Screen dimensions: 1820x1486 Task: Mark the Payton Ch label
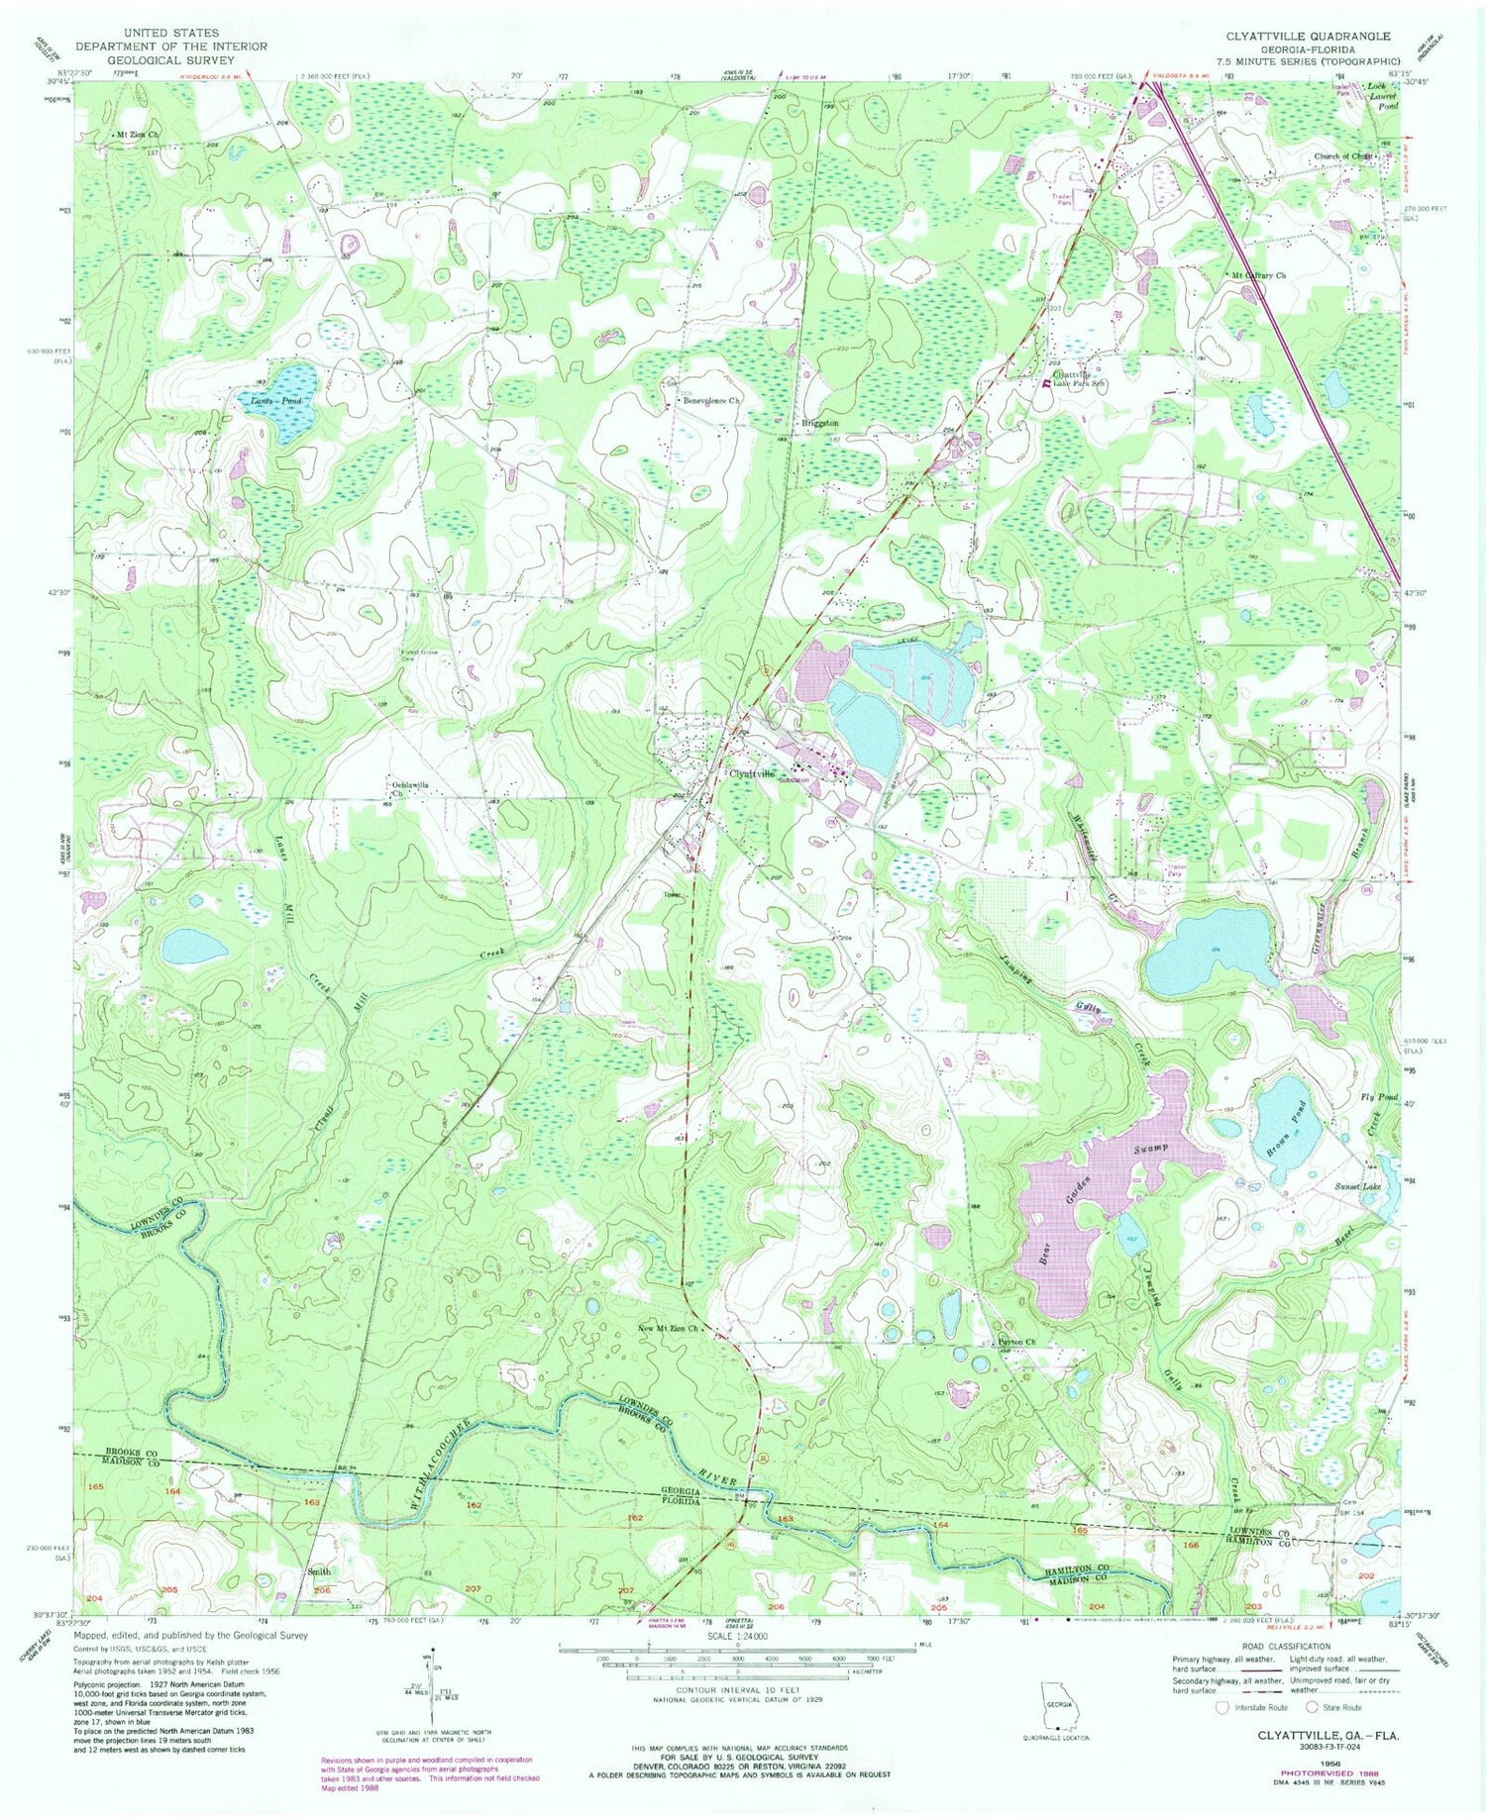point(1013,1342)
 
